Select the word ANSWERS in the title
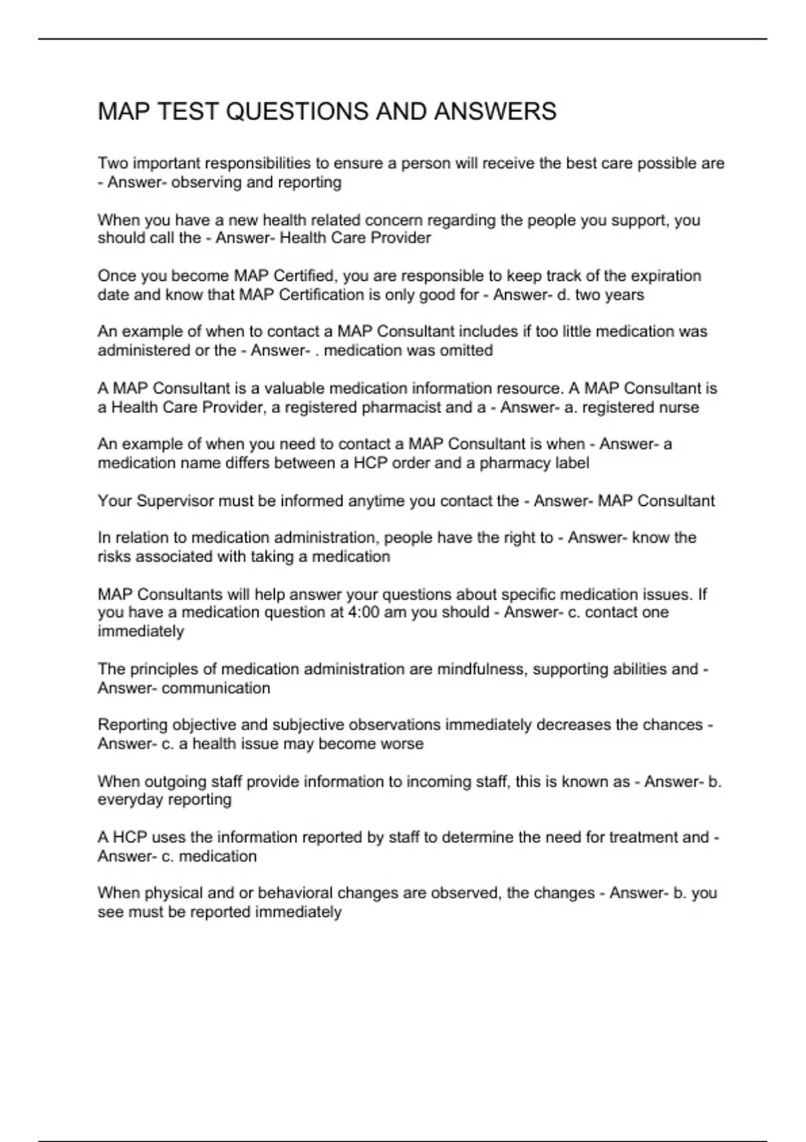[x=495, y=112]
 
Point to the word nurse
[x=679, y=408]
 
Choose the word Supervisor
[x=175, y=501]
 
